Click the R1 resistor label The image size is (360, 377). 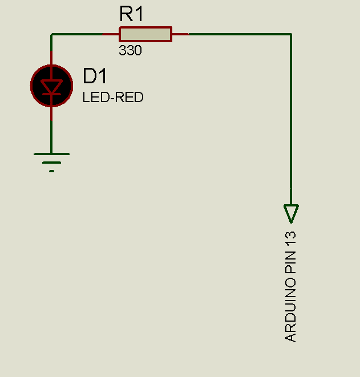pos(131,14)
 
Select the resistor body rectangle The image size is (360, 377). pos(145,34)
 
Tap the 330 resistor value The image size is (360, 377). pos(130,50)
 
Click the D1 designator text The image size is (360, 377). pos(95,76)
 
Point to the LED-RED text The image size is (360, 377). pos(113,97)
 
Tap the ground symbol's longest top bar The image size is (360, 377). pos(51,154)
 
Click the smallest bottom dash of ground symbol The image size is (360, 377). pos(51,171)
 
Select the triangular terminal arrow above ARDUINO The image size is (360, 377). pos(291,213)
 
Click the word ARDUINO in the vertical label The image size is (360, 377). pos(290,310)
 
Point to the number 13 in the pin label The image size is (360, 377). pos(290,238)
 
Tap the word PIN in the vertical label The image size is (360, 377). pos(290,262)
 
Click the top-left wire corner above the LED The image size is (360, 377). pos(51,34)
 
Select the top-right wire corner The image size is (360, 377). pos(291,34)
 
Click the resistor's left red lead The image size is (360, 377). pos(111,34)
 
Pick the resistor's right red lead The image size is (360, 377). pos(180,34)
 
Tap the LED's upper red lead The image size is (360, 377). pos(51,58)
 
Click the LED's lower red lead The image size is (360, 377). pos(51,113)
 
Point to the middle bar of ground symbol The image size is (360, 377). pos(51,163)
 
